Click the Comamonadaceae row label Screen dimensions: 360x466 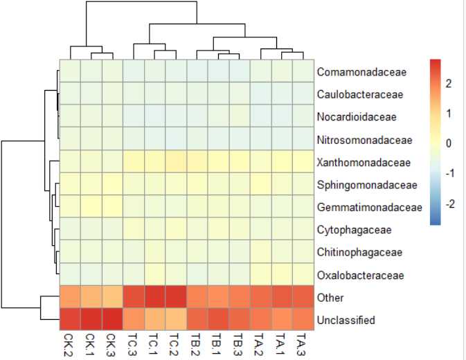(x=362, y=72)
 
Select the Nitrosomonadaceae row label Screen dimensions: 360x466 (x=365, y=140)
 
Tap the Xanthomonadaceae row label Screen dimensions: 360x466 (x=364, y=163)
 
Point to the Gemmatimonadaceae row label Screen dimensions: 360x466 (x=370, y=208)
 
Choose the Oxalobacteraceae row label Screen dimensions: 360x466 (x=360, y=276)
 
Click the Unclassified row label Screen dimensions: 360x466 (x=346, y=320)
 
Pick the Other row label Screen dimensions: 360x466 (x=330, y=298)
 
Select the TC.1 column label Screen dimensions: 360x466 (x=155, y=343)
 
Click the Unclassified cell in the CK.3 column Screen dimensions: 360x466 (x=112, y=320)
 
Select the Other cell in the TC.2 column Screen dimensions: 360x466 (x=176, y=298)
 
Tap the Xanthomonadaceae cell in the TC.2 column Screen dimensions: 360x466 (x=176, y=163)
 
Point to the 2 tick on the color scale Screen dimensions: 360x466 (x=448, y=84)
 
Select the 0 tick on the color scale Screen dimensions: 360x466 (x=448, y=144)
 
